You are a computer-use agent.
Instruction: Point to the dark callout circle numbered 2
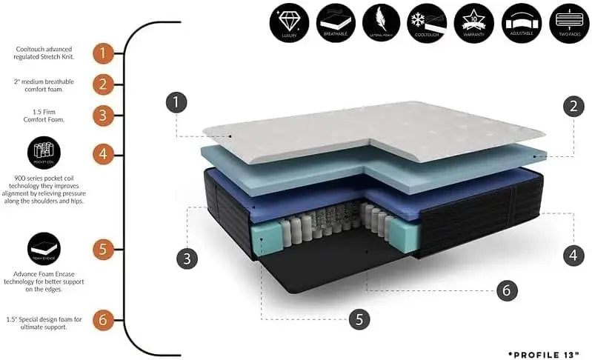(x=573, y=107)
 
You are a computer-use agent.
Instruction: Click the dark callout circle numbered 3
(x=186, y=259)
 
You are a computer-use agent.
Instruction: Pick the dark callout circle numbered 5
(x=359, y=319)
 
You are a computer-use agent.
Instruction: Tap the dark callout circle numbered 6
(x=506, y=290)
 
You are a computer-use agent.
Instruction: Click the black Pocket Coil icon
(x=43, y=153)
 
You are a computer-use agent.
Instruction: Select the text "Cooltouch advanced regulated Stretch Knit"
(x=43, y=53)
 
